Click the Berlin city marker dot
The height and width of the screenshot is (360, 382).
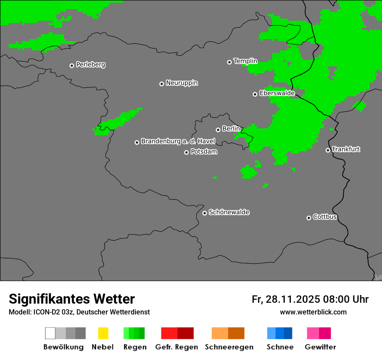pyautogui.click(x=218, y=130)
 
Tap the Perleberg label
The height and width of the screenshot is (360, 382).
pyautogui.click(x=90, y=65)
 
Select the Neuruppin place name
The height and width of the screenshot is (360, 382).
pyautogui.click(x=181, y=83)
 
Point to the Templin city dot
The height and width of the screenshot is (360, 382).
pyautogui.click(x=229, y=62)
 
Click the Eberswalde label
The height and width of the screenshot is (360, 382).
pyautogui.click(x=277, y=93)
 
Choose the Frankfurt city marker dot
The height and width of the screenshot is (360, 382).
pyautogui.click(x=328, y=150)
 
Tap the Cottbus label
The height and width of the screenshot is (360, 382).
pyautogui.click(x=325, y=217)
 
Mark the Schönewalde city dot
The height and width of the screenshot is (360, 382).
pyautogui.click(x=204, y=213)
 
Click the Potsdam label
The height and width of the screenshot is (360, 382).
pyautogui.click(x=204, y=152)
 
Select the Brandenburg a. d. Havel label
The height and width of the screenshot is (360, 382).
pyautogui.click(x=178, y=141)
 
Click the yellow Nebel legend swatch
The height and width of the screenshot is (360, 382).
pyautogui.click(x=103, y=333)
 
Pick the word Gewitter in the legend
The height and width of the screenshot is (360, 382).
pyautogui.click(x=320, y=347)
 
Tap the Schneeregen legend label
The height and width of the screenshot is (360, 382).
pyautogui.click(x=229, y=347)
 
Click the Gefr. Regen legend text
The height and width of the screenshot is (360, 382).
pyautogui.click(x=176, y=347)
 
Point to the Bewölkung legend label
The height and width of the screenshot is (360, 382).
pyautogui.click(x=63, y=347)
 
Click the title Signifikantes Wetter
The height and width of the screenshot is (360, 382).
pyautogui.click(x=72, y=299)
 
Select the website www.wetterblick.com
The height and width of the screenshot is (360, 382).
pyautogui.click(x=313, y=312)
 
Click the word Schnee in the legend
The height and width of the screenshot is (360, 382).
pyautogui.click(x=280, y=347)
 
